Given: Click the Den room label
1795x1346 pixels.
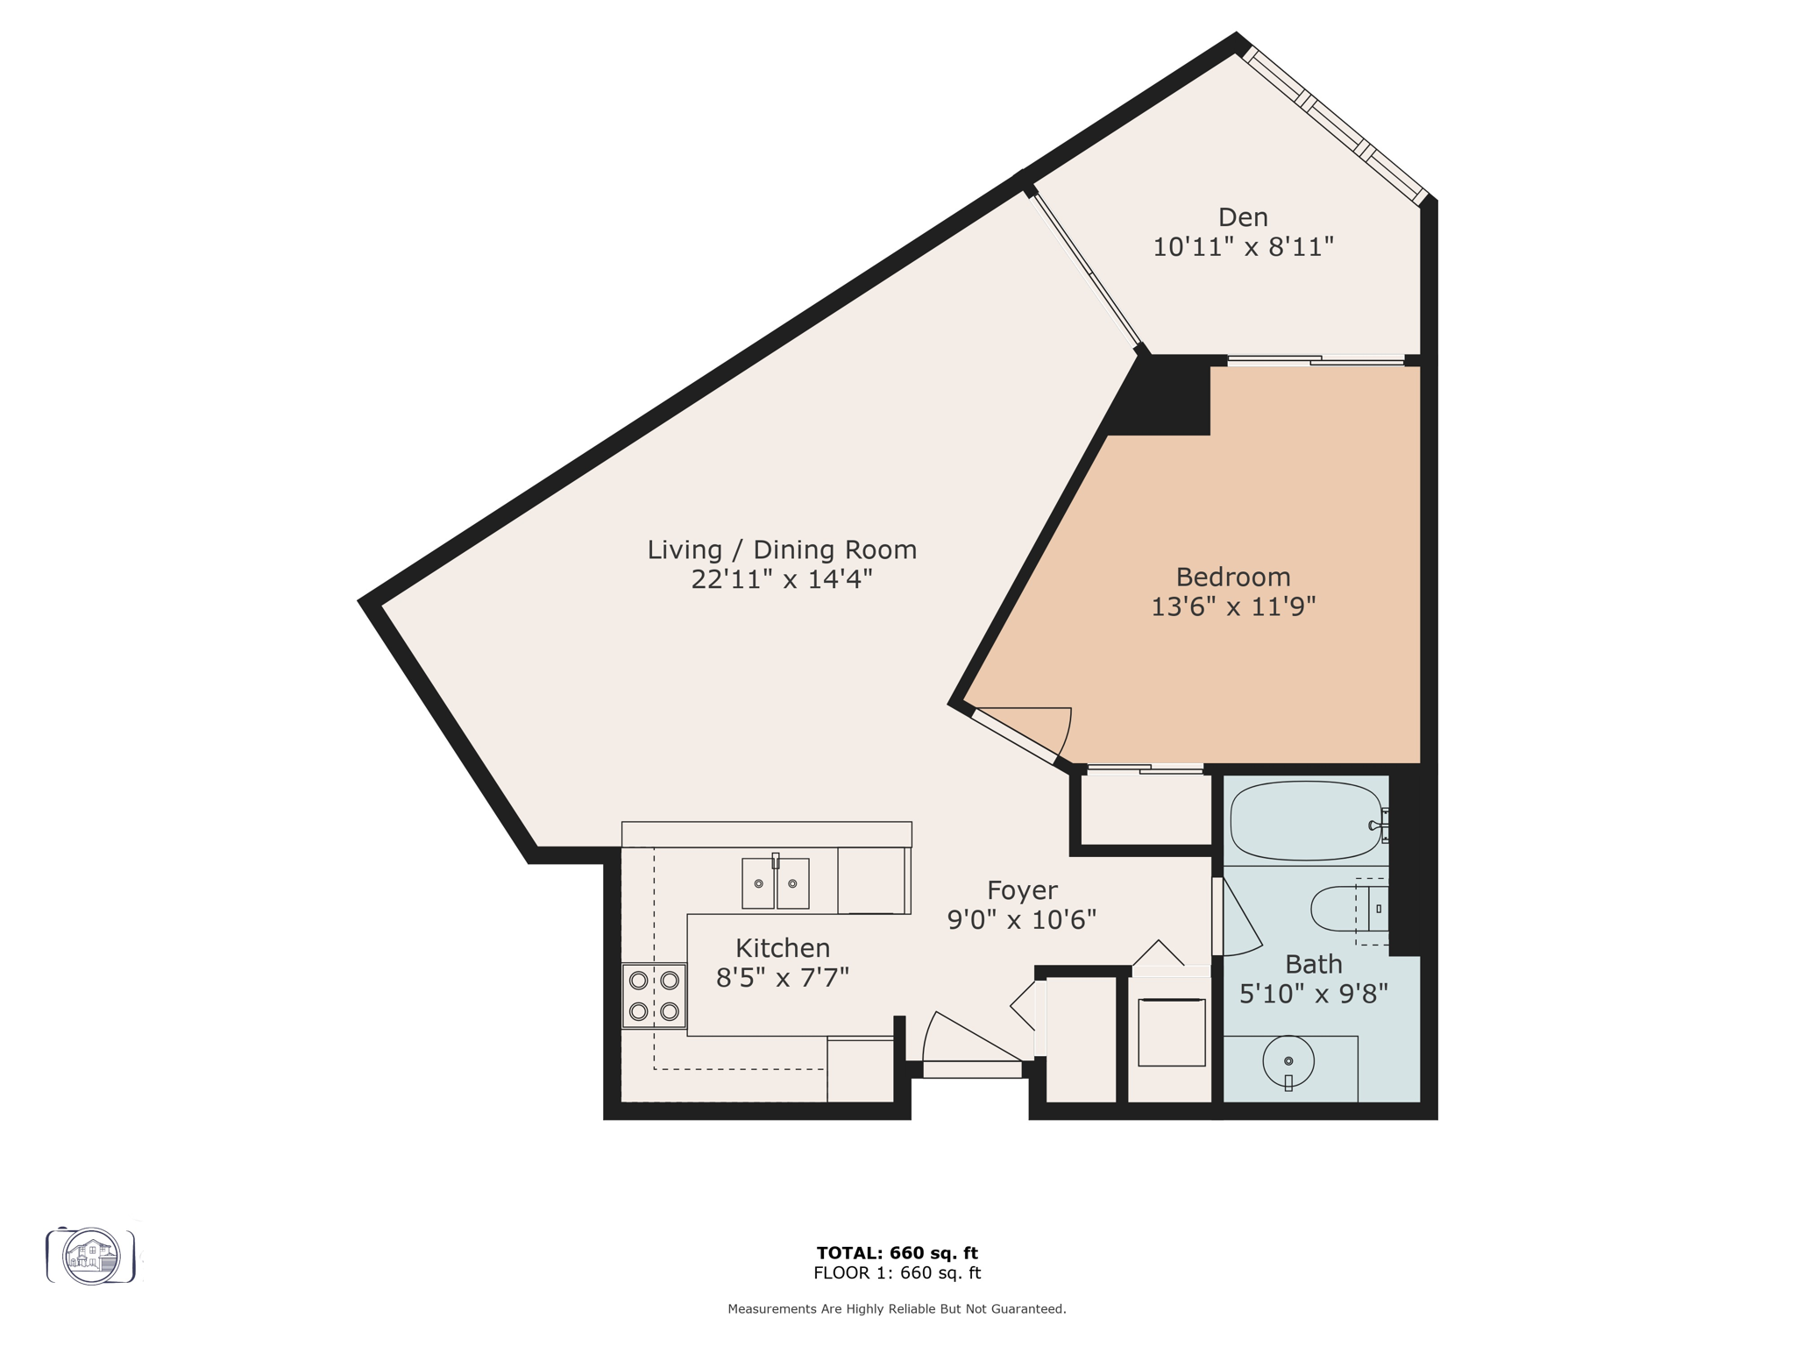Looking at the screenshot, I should (x=1243, y=216).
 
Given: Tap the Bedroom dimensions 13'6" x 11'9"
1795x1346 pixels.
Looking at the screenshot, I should (x=1233, y=606).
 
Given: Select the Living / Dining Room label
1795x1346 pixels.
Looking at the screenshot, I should (x=782, y=549).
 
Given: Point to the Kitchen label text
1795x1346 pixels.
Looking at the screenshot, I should (x=782, y=947).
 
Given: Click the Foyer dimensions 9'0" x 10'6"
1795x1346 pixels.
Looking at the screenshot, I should (x=1021, y=919).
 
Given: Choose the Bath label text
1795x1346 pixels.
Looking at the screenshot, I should (x=1313, y=964).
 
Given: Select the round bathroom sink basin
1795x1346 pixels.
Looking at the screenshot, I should (x=1288, y=1062).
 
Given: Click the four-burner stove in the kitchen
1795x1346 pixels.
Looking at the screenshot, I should (x=654, y=995).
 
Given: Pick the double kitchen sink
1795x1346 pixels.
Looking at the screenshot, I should (x=775, y=882).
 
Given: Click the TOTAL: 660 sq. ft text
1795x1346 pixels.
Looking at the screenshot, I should (x=897, y=1253).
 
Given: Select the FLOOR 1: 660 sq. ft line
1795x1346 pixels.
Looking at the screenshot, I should (x=897, y=1273).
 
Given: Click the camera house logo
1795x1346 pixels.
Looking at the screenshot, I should (x=91, y=1256).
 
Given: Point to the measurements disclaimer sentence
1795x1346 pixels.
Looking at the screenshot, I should (x=897, y=1309).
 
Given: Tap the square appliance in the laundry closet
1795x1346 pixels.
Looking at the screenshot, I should (x=1171, y=1032).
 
